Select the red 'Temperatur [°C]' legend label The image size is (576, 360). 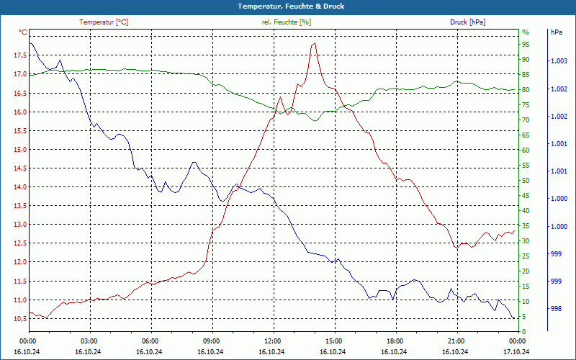tap(104, 22)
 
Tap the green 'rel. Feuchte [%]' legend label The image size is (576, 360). tap(287, 22)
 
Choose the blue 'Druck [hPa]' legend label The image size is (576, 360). tap(467, 22)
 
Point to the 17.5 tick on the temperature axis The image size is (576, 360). tap(19, 56)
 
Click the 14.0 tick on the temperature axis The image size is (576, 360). tap(19, 187)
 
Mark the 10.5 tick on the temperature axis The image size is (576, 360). tap(19, 318)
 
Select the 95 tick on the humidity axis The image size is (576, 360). tap(526, 45)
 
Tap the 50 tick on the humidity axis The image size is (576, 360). tap(526, 181)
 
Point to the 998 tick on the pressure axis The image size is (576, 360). tap(555, 309)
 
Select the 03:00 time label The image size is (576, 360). tap(89, 341)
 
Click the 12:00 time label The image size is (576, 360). tap(272, 341)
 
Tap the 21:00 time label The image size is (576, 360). tap(456, 341)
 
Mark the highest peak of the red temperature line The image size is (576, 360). tap(314, 43)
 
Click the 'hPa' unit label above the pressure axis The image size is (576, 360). tap(557, 32)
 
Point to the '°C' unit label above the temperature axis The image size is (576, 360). tap(23, 32)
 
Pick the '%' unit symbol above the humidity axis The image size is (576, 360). tap(526, 32)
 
